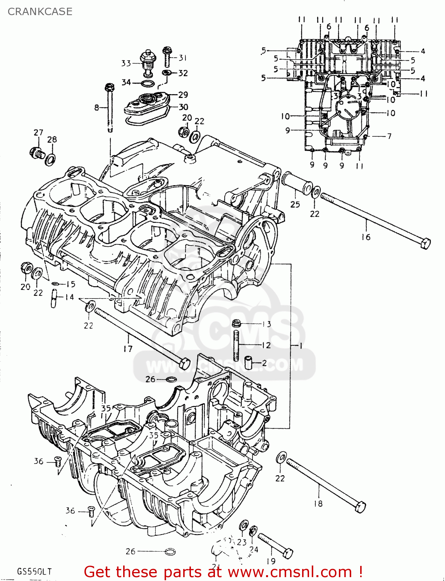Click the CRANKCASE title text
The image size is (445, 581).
[x=40, y=12]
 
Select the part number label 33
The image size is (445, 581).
[x=126, y=63]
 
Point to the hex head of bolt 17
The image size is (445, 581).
[x=185, y=363]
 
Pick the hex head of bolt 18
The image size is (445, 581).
[x=360, y=507]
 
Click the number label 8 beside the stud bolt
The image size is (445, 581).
[x=96, y=108]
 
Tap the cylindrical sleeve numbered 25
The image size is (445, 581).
[x=297, y=183]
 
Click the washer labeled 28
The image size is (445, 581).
[x=50, y=159]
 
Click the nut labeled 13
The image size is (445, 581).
[x=236, y=323]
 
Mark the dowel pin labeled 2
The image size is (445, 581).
[x=249, y=363]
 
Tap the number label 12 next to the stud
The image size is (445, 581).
[x=266, y=345]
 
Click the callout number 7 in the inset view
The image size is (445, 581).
[x=389, y=136]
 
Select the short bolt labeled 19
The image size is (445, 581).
[x=276, y=545]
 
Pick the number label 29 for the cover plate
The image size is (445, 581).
[x=183, y=95]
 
